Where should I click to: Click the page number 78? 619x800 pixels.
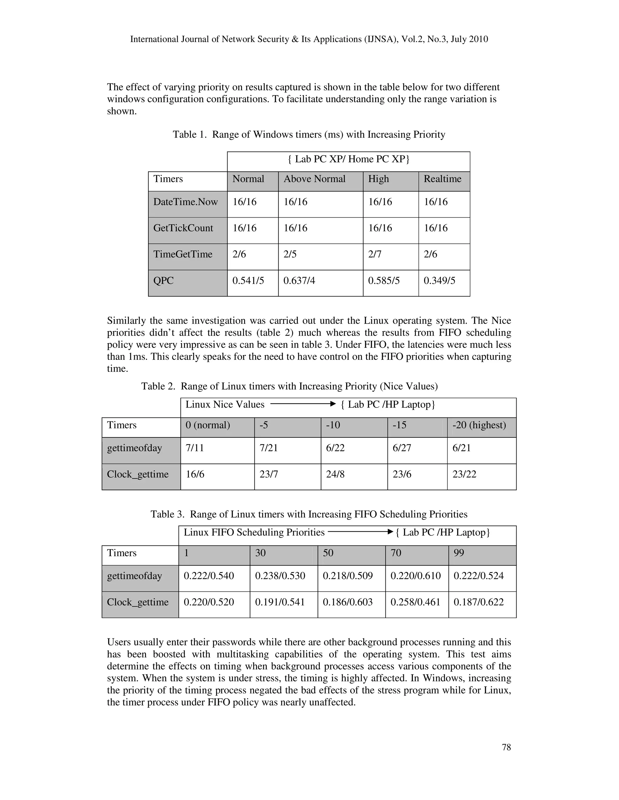[506, 747]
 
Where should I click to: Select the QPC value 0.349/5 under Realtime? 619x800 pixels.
[439, 281]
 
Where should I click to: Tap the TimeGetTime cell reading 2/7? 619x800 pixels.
[375, 254]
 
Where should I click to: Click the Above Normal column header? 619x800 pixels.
[314, 179]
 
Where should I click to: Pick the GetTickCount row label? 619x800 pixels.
[183, 228]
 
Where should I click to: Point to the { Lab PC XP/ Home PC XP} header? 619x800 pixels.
[348, 159]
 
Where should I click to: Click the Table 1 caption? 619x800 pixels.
[309, 134]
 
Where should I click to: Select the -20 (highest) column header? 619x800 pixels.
[479, 425]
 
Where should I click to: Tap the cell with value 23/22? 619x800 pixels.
[464, 474]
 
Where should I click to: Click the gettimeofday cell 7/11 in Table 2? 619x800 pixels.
[195, 448]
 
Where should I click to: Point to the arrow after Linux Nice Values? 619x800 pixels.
[303, 404]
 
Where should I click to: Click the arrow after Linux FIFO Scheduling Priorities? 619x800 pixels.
[361, 532]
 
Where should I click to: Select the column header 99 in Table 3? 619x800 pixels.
[459, 553]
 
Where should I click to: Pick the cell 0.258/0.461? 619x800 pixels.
[415, 602]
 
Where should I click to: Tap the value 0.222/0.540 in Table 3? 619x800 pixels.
[209, 576]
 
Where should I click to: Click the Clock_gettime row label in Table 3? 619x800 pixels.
[138, 602]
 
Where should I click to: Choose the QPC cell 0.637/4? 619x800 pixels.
[299, 281]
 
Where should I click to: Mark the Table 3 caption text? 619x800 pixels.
[309, 514]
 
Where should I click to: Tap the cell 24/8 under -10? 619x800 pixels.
[335, 474]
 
